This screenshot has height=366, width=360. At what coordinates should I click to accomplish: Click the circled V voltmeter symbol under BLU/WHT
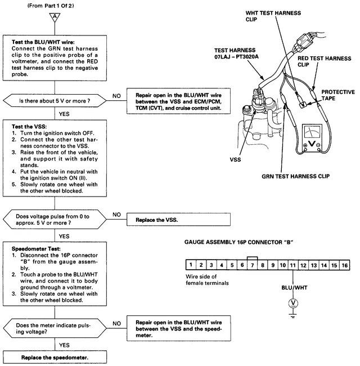point(292,303)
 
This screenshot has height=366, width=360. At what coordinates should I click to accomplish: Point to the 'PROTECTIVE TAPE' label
point(338,95)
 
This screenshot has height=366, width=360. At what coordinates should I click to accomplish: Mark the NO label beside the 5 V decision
point(116,96)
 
